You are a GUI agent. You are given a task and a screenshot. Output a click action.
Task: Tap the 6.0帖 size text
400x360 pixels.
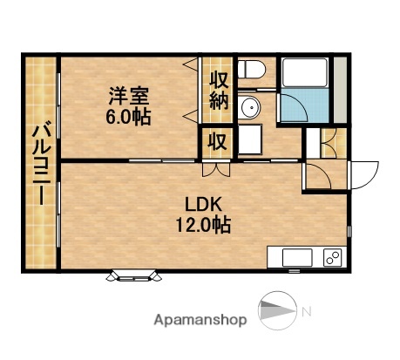[x=129, y=116]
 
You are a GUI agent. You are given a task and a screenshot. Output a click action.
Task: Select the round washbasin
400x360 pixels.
[x=250, y=108]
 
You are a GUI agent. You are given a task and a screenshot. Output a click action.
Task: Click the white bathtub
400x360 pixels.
[x=304, y=73]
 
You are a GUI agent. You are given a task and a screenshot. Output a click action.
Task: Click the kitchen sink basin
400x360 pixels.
[x=292, y=257]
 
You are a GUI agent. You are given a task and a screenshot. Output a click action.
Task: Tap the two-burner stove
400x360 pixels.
[x=331, y=257]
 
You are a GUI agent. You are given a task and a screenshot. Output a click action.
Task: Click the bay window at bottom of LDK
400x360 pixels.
[x=135, y=277]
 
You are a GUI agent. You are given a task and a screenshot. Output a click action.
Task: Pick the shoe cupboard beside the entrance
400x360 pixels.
[x=329, y=142]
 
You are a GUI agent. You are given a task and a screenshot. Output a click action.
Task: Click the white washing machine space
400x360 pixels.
[x=253, y=139]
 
